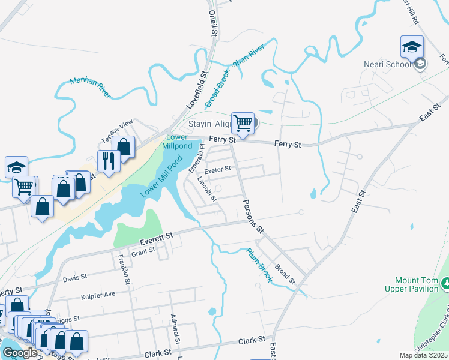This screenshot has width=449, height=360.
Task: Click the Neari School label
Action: point(387,64)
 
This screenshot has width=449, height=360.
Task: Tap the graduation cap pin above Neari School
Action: point(412,46)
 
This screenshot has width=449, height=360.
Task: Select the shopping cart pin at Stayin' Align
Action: point(243,123)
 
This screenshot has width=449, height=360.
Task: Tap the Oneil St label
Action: point(212,23)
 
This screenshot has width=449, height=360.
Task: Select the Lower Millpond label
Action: point(178,142)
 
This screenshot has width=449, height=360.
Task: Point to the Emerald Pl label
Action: point(194,161)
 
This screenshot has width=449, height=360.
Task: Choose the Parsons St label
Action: point(253,216)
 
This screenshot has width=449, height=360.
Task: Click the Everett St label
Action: point(156,238)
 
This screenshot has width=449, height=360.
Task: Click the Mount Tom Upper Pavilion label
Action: point(415,284)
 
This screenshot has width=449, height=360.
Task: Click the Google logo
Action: point(20,352)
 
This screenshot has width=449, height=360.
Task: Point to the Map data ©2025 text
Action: point(424,355)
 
